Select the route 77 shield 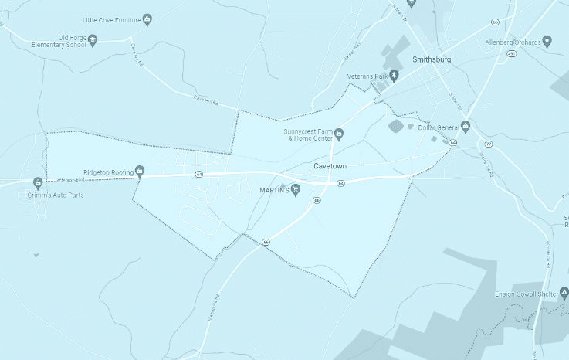(x=489, y=144)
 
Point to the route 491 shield (x=512, y=54)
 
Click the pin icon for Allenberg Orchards (x=547, y=41)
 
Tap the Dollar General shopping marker (x=466, y=127)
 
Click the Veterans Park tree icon (x=394, y=75)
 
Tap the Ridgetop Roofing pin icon (x=140, y=171)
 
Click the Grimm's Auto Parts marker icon (x=37, y=183)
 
